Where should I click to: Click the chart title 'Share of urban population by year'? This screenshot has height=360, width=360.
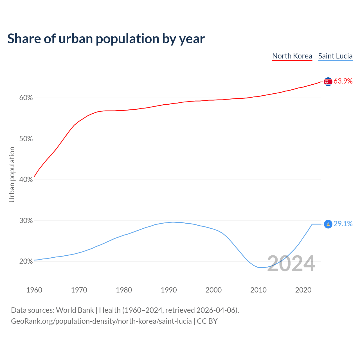tap(106, 39)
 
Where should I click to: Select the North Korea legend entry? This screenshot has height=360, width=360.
tap(292, 56)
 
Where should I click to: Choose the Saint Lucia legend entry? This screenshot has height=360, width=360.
tap(335, 56)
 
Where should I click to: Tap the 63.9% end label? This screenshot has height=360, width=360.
tap(343, 81)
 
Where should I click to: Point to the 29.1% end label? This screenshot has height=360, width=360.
tap(343, 224)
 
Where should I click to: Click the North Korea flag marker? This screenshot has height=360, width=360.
tap(328, 82)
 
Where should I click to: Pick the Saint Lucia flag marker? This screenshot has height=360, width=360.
tap(328, 224)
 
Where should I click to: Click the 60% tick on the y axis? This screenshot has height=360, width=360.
tap(26, 98)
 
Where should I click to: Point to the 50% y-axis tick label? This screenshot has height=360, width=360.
tap(26, 139)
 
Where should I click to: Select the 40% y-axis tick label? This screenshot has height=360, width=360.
tap(26, 180)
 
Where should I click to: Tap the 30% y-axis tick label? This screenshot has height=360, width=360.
tap(26, 221)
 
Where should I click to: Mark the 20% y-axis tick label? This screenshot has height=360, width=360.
tap(26, 262)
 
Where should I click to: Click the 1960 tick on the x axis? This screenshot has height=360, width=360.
tap(34, 290)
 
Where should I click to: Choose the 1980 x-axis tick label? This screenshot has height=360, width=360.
tap(124, 290)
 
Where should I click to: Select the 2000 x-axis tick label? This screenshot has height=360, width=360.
tap(213, 290)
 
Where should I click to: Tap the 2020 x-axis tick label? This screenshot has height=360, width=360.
tap(303, 290)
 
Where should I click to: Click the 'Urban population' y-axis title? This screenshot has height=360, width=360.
tap(12, 174)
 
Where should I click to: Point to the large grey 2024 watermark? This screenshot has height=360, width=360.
tap(291, 264)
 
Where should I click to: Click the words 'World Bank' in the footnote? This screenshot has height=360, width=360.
tap(75, 310)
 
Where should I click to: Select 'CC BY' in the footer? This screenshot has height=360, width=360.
tap(207, 321)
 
